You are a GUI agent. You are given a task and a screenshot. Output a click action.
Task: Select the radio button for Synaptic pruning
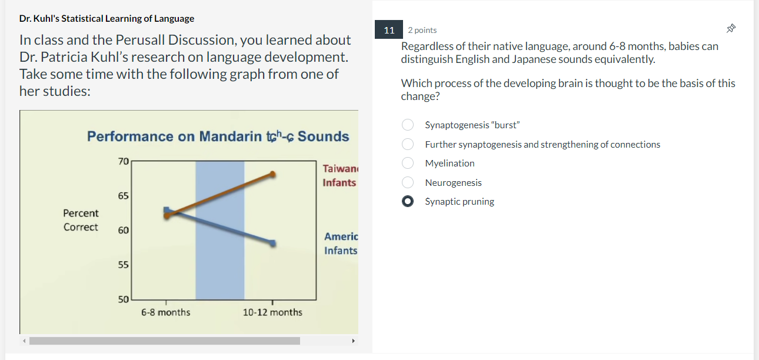point(407,201)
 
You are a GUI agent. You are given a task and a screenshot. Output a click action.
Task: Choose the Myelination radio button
point(407,163)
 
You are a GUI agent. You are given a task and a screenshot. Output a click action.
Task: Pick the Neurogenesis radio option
point(407,182)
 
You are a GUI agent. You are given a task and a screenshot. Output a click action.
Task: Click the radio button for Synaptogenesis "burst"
point(407,125)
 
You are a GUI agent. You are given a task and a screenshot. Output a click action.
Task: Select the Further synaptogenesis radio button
point(407,144)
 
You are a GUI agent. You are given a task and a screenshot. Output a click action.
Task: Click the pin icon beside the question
point(731,28)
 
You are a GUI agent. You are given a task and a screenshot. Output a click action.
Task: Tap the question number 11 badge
point(389,30)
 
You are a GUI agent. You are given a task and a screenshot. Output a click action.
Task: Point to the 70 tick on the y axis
point(123,161)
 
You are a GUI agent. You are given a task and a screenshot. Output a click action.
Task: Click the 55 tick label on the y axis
point(123,265)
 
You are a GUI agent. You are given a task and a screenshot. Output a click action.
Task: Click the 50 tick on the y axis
point(123,299)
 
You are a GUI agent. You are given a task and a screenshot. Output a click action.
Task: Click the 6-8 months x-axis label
point(165,312)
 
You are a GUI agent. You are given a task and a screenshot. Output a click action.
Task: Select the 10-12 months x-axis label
point(272,312)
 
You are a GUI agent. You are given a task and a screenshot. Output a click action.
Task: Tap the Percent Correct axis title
point(81,220)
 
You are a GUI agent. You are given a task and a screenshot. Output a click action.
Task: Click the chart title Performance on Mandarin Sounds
point(218,136)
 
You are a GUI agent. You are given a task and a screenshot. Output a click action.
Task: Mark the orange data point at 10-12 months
point(272,174)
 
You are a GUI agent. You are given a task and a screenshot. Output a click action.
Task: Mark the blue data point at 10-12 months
point(272,243)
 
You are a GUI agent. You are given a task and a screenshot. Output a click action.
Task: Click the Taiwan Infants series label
point(339,175)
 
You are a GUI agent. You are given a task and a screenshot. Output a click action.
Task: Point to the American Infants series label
point(341,244)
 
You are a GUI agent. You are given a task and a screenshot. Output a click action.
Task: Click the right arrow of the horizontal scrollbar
point(353,341)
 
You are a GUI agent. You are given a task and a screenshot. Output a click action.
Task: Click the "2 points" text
point(422,30)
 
